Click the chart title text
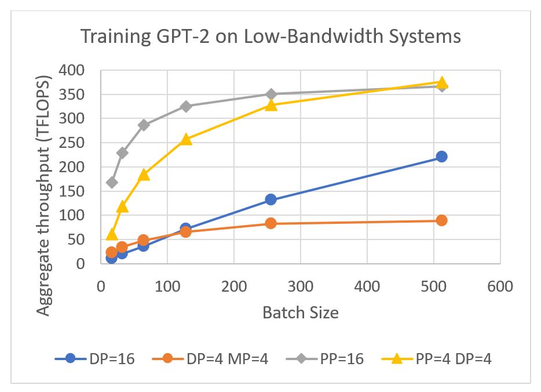coord(270,37)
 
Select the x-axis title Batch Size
coord(300,313)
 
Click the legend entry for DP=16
coord(95,359)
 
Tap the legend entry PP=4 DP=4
coord(437,359)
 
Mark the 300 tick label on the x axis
coord(301,287)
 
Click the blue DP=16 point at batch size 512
coord(441,157)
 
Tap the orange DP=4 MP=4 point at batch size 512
coord(441,220)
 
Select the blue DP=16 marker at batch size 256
coord(270,199)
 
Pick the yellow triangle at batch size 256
coord(270,105)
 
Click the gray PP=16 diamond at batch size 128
coord(186,106)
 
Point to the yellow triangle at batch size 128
coord(186,139)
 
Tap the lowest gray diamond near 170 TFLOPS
coord(112,183)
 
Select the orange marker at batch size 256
coord(270,223)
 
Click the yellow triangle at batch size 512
coord(441,82)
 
